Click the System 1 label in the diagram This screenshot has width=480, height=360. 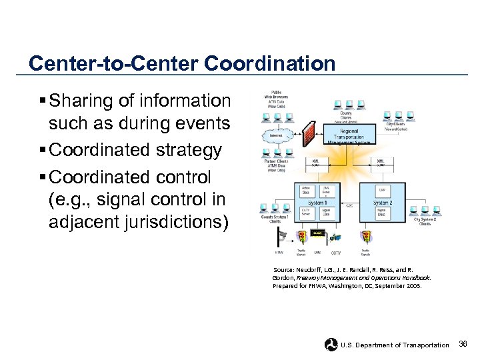point(316,202)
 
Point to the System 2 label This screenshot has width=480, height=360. point(382,202)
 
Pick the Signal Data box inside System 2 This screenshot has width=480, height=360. point(383,213)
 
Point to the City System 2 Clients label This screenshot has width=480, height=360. point(424,221)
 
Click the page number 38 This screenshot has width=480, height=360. point(463,344)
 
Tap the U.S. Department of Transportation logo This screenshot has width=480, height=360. point(331,344)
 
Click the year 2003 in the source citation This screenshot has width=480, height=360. point(412,285)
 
